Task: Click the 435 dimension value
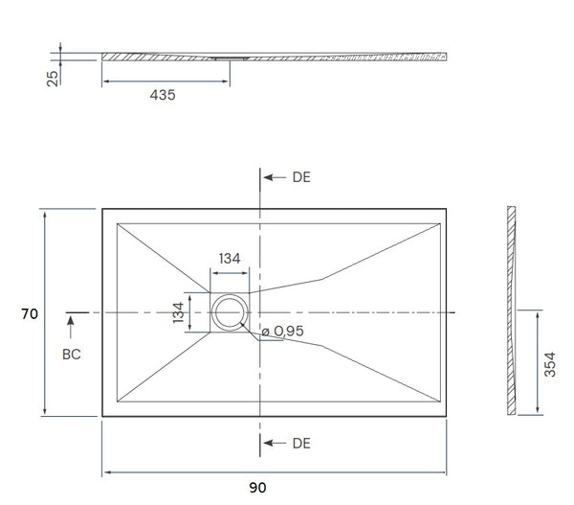[162, 95]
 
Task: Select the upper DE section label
[301, 177]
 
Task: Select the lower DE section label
[301, 443]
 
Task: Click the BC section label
[72, 355]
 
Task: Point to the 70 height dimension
[30, 313]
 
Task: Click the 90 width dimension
[257, 488]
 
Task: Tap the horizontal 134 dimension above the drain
[230, 259]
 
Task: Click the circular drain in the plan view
[230, 312]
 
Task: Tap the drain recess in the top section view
[230, 57]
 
